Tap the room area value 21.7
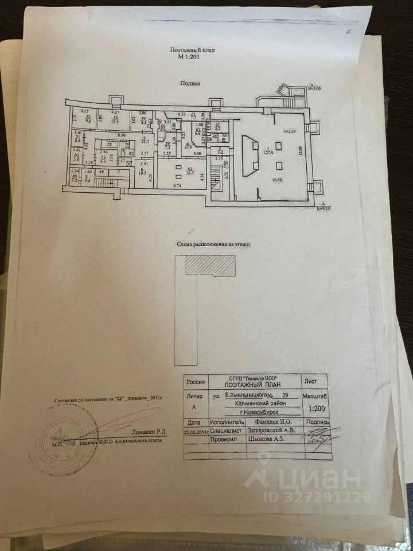[x=145, y=141]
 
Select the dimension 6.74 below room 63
[x=177, y=186]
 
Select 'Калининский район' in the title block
[x=254, y=403]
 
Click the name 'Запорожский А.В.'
[x=270, y=429]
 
